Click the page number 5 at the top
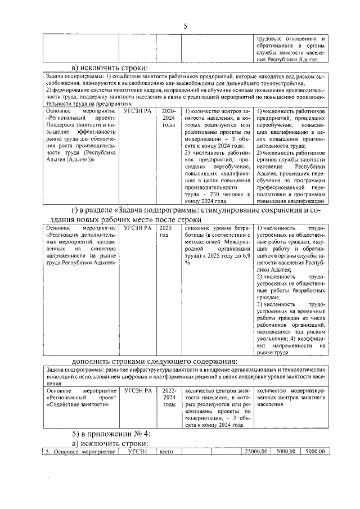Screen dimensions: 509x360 pyautogui.click(x=185, y=26)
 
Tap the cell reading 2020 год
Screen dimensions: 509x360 pyautogui.click(x=165, y=232)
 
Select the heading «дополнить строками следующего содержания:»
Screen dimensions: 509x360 pyautogui.click(x=155, y=361)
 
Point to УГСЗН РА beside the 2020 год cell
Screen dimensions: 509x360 pyautogui.click(x=138, y=228)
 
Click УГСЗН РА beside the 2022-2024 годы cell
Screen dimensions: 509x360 pyautogui.click(x=138, y=389)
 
